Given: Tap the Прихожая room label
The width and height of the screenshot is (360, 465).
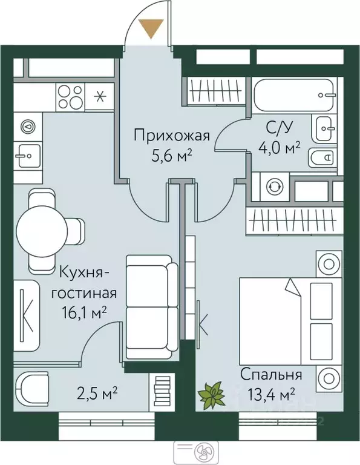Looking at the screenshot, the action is tap(172, 136).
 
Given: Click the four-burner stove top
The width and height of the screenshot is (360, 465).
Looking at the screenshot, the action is tap(70, 97).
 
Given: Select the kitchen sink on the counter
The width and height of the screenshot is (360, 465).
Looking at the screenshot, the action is tap(28, 156).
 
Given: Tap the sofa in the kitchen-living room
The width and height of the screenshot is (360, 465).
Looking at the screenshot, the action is tap(152, 306).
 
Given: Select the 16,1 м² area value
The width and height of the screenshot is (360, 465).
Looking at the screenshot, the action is tap(84, 312).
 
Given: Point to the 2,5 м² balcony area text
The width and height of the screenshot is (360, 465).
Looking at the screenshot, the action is tap(97, 395).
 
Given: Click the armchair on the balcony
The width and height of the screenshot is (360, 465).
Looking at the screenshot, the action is tap(32, 390).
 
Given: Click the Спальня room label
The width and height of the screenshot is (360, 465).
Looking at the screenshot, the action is tap(271, 374).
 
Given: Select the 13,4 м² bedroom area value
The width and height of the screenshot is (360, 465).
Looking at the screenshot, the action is tap(272, 395).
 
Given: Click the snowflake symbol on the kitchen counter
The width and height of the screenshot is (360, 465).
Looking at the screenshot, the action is tap(100, 97).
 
